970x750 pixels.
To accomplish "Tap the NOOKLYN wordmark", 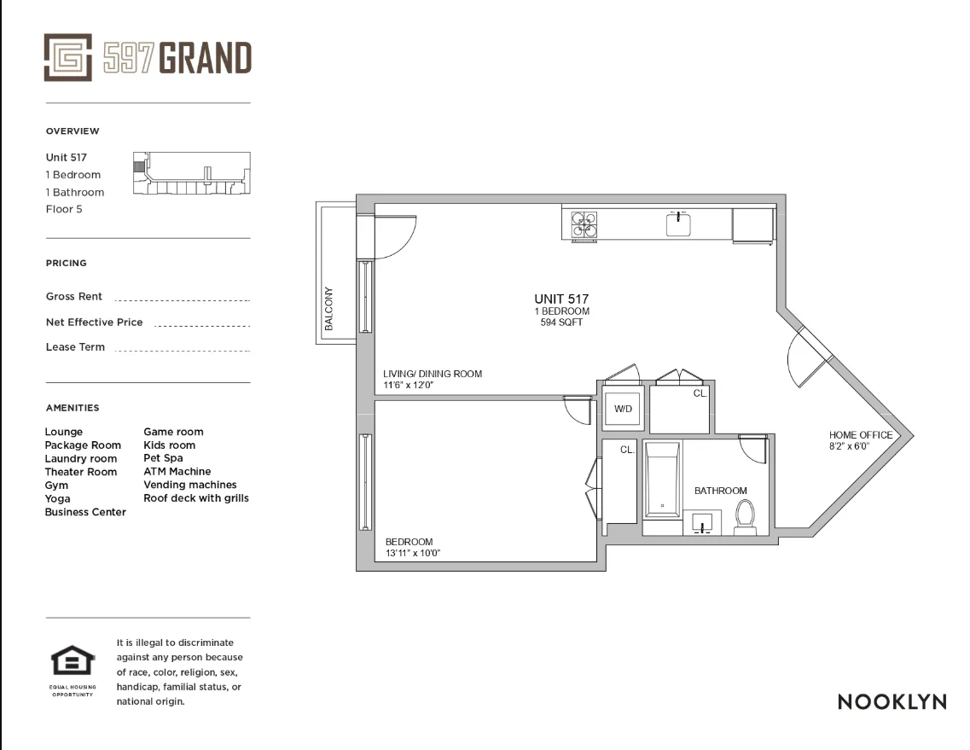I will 892,702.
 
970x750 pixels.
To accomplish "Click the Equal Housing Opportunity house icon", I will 73,663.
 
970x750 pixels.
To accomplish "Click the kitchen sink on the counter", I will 679,224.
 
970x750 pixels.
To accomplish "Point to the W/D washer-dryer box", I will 624,410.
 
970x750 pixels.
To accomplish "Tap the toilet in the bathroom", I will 746,518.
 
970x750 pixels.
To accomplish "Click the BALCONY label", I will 329,308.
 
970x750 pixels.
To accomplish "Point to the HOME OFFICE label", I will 861,435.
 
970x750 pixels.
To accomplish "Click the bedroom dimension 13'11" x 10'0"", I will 412,553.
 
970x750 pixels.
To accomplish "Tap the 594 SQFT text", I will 561,323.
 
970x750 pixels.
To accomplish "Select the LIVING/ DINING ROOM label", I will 433,374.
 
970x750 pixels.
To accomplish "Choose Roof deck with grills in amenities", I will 195,497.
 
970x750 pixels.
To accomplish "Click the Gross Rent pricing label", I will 74,296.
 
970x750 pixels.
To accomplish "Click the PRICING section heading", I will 67,264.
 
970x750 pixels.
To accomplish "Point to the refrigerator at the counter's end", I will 752,224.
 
